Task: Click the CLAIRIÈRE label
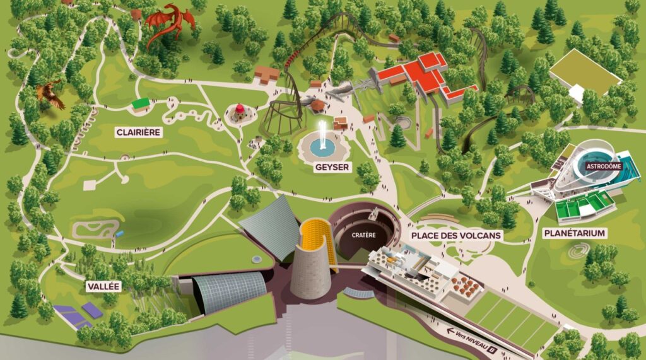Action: click(139, 132)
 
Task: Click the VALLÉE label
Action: click(104, 286)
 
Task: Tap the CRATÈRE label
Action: click(364, 235)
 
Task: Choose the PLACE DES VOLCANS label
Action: click(456, 236)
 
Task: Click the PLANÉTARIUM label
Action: click(574, 233)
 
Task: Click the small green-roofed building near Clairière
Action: click(141, 102)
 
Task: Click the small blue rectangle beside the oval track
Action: click(119, 233)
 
